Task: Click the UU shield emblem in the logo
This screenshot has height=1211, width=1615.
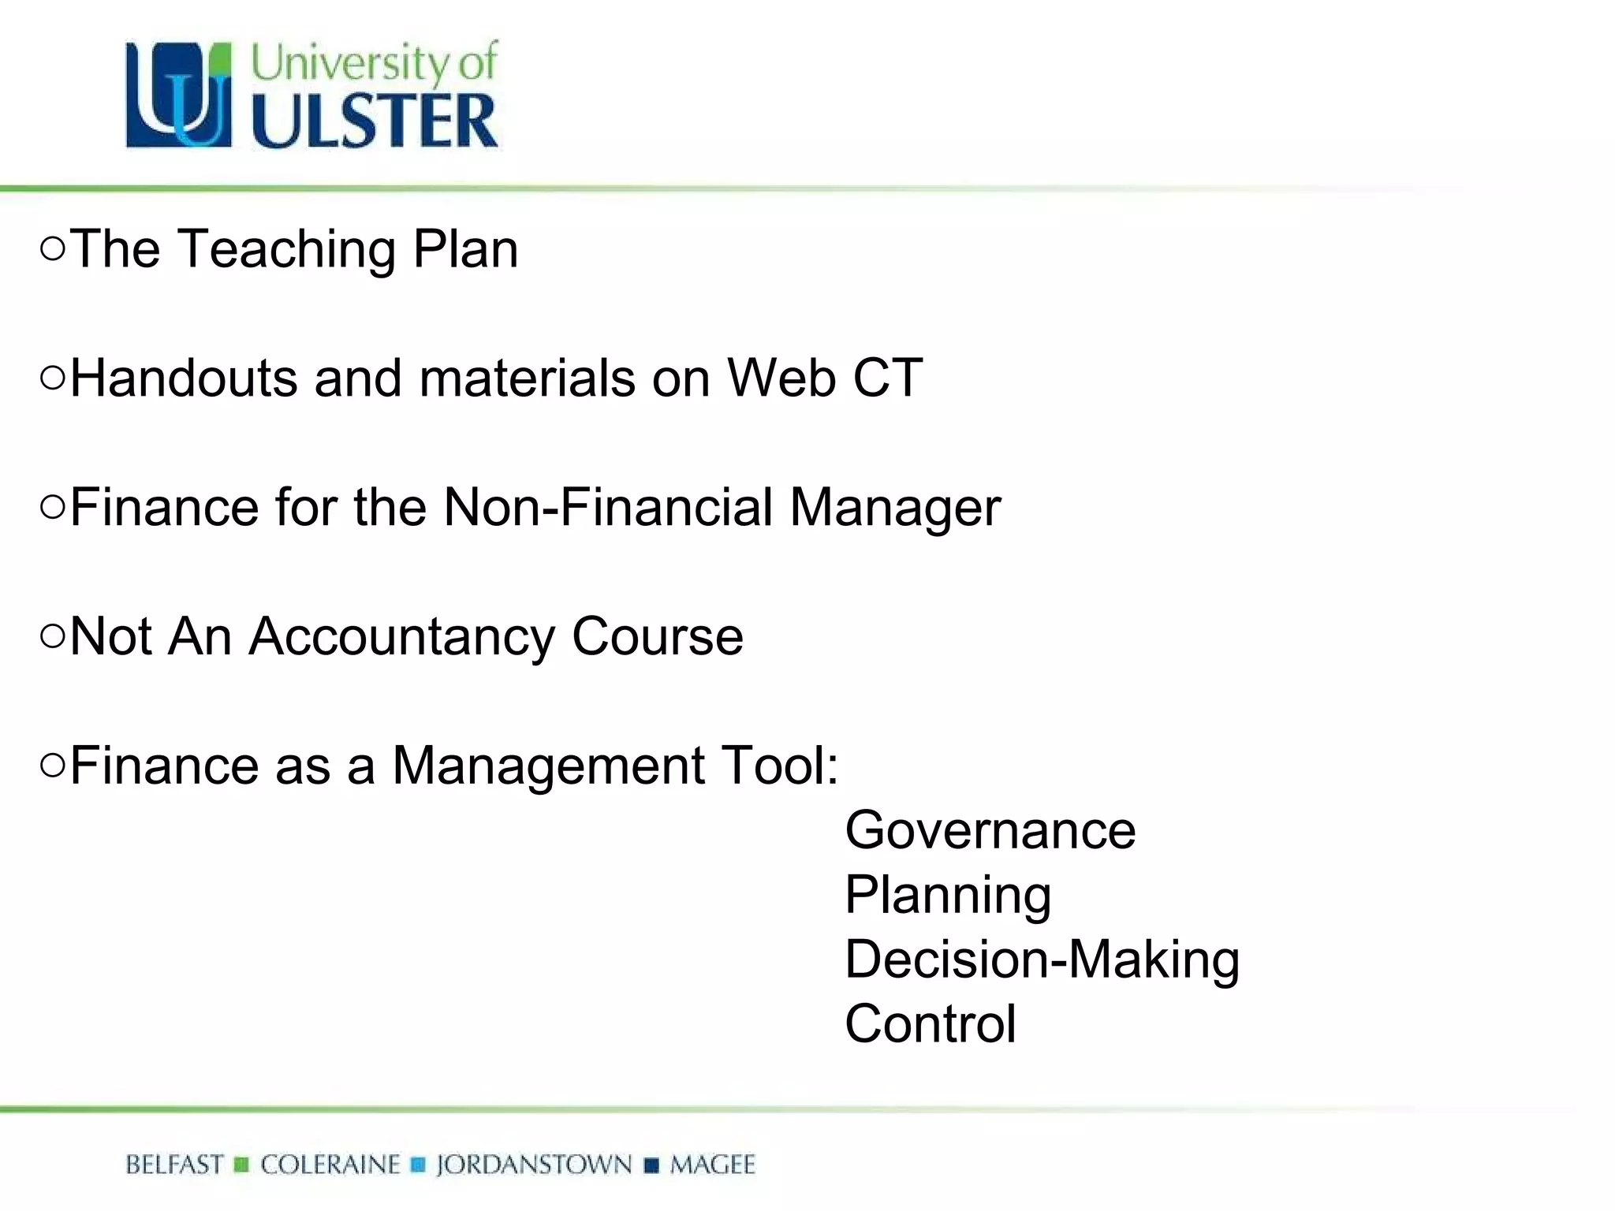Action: coord(179,95)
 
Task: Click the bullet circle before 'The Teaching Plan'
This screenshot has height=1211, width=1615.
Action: coord(52,250)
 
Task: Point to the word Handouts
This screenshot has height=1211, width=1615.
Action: coord(184,378)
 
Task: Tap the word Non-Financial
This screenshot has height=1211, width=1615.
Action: coord(608,507)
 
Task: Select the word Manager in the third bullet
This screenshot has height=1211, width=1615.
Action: coord(895,509)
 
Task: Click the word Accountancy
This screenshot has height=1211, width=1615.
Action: coord(402,637)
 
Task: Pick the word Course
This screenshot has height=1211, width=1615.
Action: coord(658,636)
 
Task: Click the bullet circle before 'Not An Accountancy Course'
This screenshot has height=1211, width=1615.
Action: coord(52,637)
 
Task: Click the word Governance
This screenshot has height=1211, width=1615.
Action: coord(990,830)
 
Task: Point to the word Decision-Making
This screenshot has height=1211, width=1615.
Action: coord(1042,960)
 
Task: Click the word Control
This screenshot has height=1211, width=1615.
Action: coord(931,1024)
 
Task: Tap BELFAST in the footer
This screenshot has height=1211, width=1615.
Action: coord(174,1164)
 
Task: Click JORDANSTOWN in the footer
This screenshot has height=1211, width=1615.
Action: coord(534,1164)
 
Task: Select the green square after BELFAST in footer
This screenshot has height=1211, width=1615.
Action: coord(242,1165)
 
